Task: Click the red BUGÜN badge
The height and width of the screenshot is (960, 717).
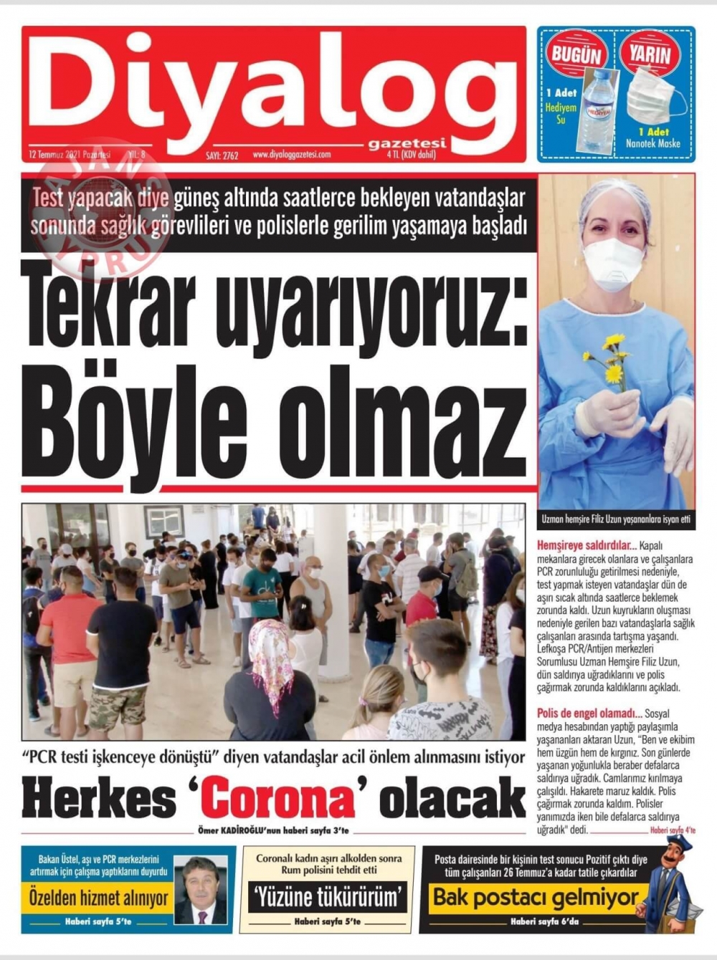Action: [575, 54]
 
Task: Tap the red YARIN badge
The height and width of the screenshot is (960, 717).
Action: [650, 54]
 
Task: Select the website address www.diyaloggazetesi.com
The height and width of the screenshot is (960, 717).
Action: [291, 154]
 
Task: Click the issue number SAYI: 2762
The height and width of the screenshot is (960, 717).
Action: [222, 155]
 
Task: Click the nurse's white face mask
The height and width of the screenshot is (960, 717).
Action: [613, 263]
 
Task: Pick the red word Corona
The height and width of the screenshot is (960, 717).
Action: [279, 800]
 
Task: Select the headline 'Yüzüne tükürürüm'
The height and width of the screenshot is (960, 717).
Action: [327, 896]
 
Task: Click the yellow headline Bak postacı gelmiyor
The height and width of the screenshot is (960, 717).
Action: [535, 897]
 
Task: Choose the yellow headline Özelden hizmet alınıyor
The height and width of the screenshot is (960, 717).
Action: [99, 898]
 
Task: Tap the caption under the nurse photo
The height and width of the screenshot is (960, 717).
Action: [616, 519]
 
